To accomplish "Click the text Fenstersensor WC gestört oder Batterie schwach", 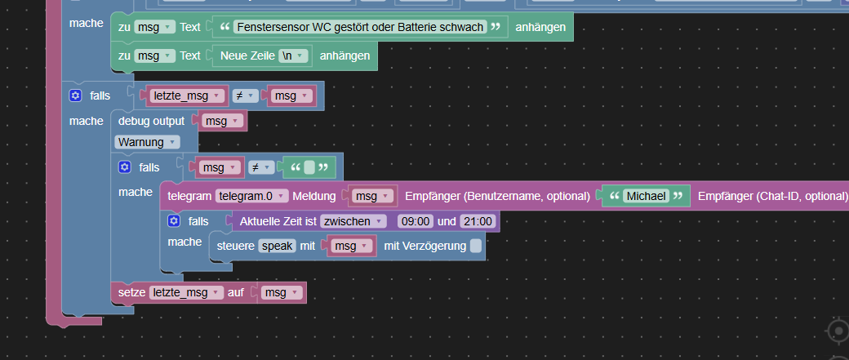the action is [359, 26].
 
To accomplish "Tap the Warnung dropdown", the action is [147, 142].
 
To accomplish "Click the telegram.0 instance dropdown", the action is [251, 196].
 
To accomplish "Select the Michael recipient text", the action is [647, 196].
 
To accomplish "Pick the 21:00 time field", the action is [477, 221].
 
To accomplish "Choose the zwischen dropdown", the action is [353, 221].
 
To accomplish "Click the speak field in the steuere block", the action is [277, 246].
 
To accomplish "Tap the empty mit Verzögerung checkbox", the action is [475, 246].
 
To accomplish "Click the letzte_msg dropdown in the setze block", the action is [186, 292].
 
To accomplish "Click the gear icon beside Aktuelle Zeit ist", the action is [174, 221].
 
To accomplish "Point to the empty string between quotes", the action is [309, 167].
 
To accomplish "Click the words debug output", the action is [151, 121].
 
